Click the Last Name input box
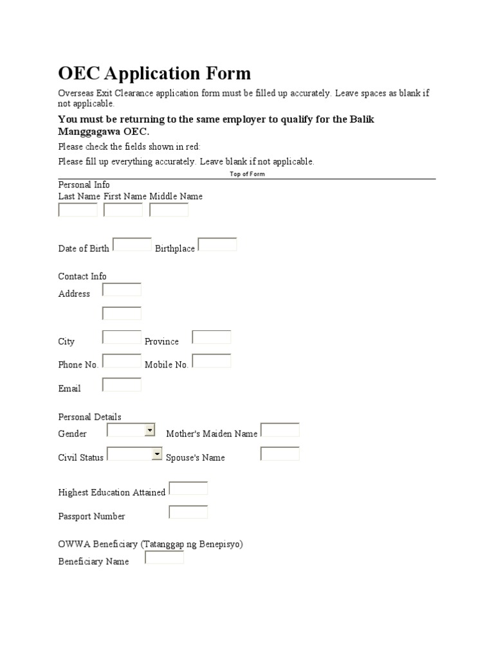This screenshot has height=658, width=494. click(78, 210)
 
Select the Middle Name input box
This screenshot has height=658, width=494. click(169, 210)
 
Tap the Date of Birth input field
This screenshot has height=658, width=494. click(133, 245)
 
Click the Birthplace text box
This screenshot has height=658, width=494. click(217, 245)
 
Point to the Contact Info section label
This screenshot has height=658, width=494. click(82, 276)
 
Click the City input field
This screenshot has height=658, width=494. click(122, 337)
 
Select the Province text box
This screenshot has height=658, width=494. click(212, 337)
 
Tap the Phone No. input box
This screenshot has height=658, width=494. click(122, 361)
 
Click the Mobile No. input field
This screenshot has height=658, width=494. click(212, 361)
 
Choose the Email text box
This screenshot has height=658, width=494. click(122, 385)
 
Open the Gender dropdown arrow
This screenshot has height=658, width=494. click(150, 430)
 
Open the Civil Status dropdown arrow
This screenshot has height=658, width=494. click(156, 454)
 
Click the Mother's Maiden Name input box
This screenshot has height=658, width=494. click(280, 430)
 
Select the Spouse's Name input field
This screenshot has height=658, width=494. click(280, 454)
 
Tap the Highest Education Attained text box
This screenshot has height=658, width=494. click(188, 488)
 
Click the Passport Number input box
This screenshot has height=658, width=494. click(188, 512)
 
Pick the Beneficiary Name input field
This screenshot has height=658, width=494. click(165, 558)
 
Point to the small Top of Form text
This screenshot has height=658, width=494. click(247, 174)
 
